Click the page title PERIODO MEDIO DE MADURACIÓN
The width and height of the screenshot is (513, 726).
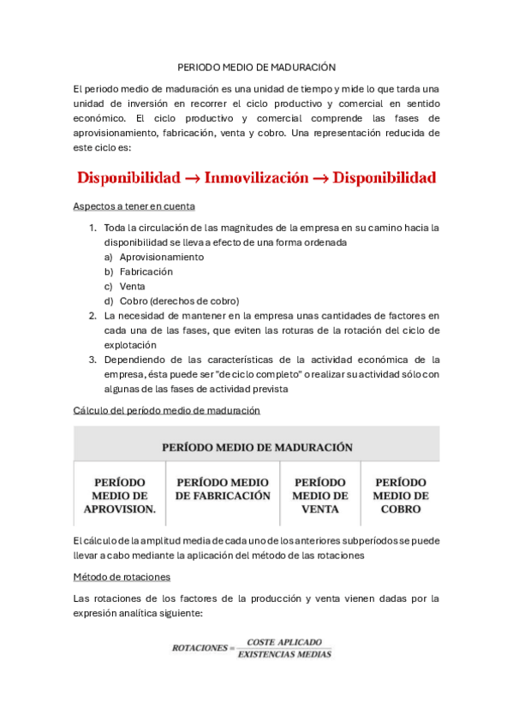pyautogui.click(x=256, y=66)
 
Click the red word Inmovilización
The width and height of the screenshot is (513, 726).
pyautogui.click(x=256, y=178)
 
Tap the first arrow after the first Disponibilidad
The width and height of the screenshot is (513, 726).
pyautogui.click(x=192, y=179)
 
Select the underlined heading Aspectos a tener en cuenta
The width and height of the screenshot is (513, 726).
pyautogui.click(x=134, y=206)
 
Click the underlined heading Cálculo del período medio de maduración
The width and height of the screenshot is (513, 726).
pyautogui.click(x=167, y=411)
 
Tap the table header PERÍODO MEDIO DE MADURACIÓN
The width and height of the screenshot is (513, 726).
pyautogui.click(x=257, y=447)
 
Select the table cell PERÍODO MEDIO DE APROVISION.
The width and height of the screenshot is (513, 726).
pyautogui.click(x=119, y=496)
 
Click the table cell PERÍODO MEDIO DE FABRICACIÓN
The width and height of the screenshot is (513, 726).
pyautogui.click(x=223, y=489)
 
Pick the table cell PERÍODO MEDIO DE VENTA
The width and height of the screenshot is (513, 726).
pyautogui.click(x=320, y=496)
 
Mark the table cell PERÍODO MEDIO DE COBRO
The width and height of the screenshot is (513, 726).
pyautogui.click(x=401, y=496)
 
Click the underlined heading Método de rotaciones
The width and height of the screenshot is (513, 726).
pyautogui.click(x=122, y=577)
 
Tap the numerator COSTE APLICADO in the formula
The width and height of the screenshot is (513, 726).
pyautogui.click(x=284, y=642)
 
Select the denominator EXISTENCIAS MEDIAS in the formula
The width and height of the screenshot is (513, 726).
pyautogui.click(x=284, y=655)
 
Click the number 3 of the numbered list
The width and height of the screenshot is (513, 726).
pyautogui.click(x=92, y=359)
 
